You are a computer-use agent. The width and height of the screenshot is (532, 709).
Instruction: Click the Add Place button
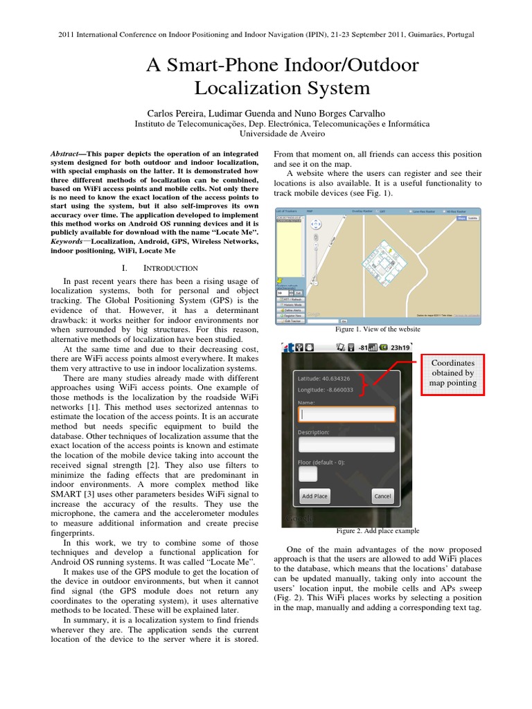tap(314, 496)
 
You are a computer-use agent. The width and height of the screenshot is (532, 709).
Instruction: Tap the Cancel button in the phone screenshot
tap(382, 496)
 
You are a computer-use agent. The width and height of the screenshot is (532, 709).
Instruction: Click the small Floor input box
tap(308, 474)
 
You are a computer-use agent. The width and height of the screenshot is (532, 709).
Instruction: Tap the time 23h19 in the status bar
tap(400, 348)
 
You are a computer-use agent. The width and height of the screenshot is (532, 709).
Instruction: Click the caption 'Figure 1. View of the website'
tap(378, 330)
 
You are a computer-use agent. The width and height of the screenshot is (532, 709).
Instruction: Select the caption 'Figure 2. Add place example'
tap(378, 531)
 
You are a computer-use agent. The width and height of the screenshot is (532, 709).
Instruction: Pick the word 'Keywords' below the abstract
tap(69, 242)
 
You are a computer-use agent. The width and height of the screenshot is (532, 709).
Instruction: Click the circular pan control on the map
tap(316, 224)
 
